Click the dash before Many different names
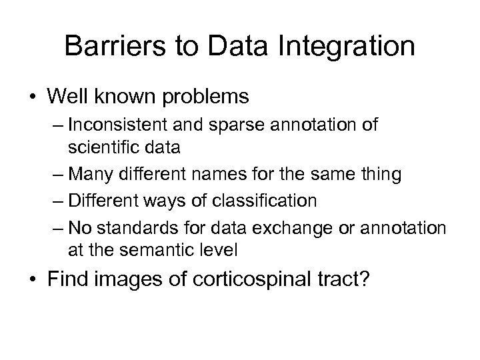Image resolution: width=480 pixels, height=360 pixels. click(57, 175)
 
